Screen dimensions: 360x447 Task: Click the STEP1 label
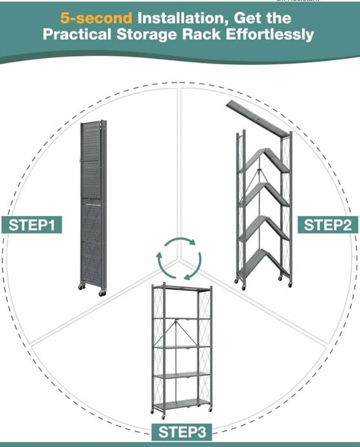[31, 225]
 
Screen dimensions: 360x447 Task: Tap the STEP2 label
[328, 225]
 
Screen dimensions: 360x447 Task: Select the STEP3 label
[182, 431]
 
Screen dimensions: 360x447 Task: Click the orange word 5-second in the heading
[96, 18]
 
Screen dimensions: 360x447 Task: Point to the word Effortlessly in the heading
[270, 34]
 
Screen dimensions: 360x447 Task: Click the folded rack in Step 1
[92, 208]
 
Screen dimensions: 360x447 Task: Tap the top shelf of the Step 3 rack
[182, 288]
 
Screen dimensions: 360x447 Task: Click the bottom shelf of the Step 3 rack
[182, 404]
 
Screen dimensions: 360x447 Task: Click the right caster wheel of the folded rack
[102, 294]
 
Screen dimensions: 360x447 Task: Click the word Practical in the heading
[77, 34]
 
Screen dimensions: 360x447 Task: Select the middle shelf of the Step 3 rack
[182, 347]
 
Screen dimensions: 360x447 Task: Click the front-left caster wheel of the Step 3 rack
[163, 416]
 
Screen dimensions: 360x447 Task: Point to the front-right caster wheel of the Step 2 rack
[290, 285]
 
